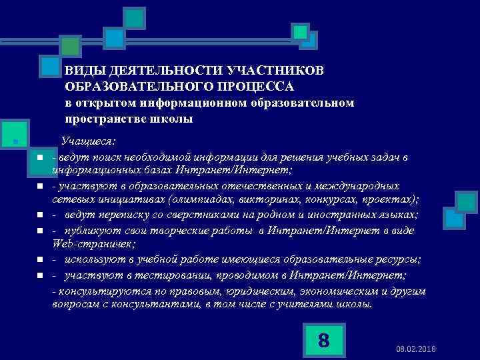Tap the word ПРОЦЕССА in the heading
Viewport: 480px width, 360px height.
(258, 87)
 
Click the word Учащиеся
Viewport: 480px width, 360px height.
(88, 141)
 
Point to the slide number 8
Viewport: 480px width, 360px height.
(323, 340)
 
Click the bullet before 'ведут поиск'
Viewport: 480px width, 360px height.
(41, 157)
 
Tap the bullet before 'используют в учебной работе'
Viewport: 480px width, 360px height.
(41, 259)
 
